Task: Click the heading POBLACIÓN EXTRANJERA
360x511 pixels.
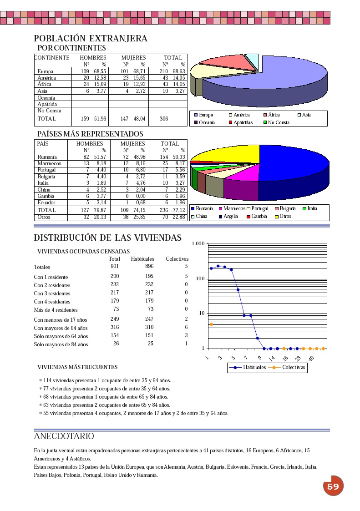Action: [91, 39]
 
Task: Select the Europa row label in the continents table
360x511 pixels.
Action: [46, 71]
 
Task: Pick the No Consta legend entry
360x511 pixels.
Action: [279, 122]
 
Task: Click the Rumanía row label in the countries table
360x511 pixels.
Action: [47, 157]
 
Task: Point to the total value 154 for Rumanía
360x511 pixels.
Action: [164, 157]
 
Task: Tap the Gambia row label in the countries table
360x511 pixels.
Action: [46, 196]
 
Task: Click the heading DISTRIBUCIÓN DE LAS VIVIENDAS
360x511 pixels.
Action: [108, 238]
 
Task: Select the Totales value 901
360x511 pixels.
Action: [115, 266]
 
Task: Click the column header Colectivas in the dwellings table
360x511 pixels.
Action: [177, 259]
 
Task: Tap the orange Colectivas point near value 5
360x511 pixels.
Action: [211, 324]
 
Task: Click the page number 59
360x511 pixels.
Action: [333, 486]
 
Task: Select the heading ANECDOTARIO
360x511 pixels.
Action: [64, 436]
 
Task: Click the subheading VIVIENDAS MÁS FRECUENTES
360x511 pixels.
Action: [77, 367]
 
